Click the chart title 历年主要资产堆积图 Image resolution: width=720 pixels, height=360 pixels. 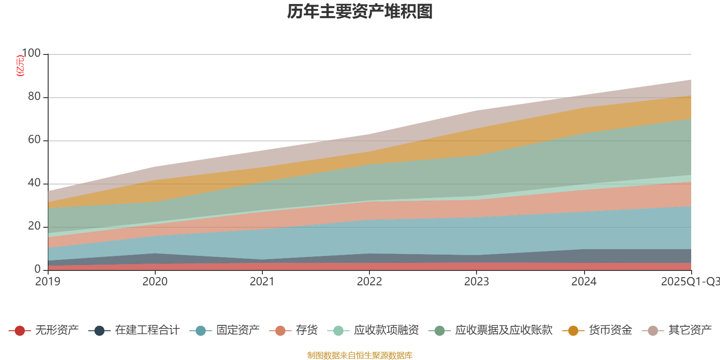tap(360, 12)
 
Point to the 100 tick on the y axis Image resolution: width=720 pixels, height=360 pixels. tap(31, 54)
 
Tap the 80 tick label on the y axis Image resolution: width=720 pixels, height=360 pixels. tap(34, 97)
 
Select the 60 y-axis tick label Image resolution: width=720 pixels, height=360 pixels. tap(34, 140)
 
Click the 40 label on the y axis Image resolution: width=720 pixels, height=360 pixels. tap(34, 183)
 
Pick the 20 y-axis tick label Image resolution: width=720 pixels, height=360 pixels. tap(34, 226)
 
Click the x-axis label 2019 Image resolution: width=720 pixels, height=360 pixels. tap(48, 282)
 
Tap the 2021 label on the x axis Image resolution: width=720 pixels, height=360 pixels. tap(262, 282)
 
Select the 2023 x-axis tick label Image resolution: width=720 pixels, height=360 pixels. tap(477, 282)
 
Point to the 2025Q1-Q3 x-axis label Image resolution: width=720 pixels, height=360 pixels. tap(689, 282)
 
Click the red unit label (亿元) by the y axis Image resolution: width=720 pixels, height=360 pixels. tap(20, 66)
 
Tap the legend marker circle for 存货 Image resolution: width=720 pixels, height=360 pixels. tap(280, 331)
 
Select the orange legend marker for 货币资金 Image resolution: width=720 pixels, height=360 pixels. tap(573, 331)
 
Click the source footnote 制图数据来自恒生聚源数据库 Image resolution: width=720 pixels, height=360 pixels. tap(360, 355)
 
